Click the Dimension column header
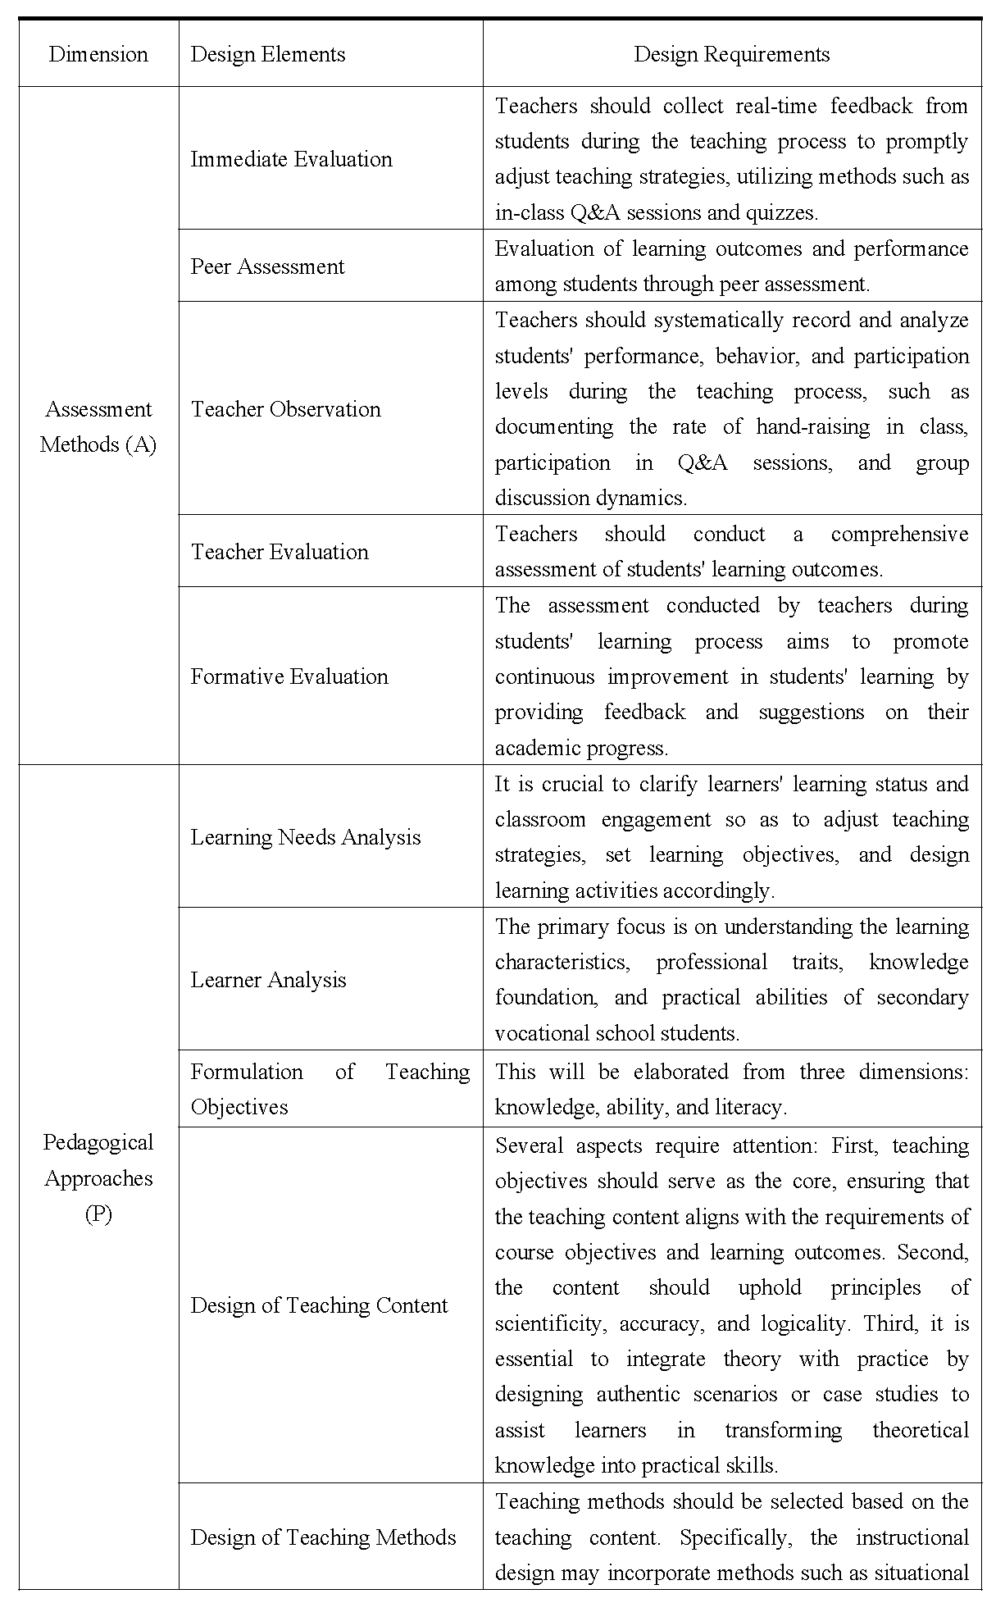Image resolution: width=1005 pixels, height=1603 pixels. click(98, 55)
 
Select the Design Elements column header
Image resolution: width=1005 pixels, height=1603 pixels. click(268, 55)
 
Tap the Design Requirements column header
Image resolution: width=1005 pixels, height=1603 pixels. click(731, 55)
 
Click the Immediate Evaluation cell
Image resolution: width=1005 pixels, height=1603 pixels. click(291, 159)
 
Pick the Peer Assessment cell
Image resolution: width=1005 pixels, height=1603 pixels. click(267, 266)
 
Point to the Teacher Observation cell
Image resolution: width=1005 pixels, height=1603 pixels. click(285, 409)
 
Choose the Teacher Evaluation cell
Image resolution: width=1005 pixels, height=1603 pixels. click(280, 552)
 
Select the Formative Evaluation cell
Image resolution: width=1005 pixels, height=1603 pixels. click(289, 676)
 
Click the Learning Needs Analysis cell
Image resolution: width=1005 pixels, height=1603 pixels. click(305, 837)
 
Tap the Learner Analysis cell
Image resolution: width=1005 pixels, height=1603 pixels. click(268, 980)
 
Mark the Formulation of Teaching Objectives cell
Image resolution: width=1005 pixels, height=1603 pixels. click(330, 1089)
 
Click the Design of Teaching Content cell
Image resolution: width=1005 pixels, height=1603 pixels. click(319, 1305)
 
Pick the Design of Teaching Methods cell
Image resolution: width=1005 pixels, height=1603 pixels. click(323, 1537)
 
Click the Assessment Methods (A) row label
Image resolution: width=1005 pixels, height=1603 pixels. click(98, 426)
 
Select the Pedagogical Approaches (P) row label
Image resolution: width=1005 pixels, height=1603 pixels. click(98, 1177)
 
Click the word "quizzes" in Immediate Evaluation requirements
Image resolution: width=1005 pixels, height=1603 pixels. click(780, 213)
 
